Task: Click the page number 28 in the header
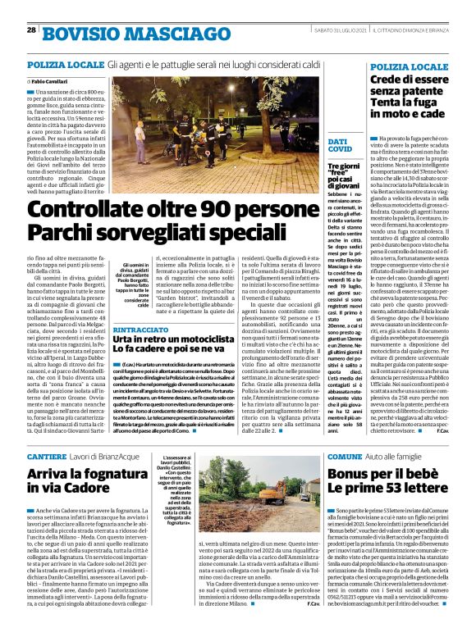tap(30, 30)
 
